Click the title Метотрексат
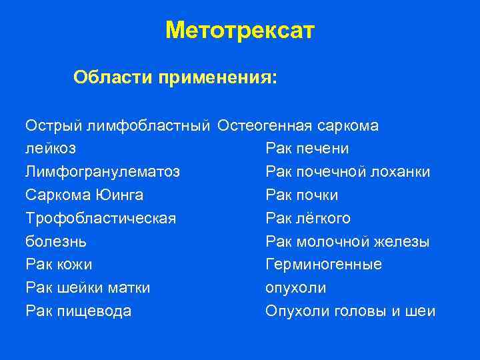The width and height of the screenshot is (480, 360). pyautogui.click(x=239, y=31)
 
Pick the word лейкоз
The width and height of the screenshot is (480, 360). pyautogui.click(x=50, y=149)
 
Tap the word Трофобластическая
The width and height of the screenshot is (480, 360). pyautogui.click(x=101, y=219)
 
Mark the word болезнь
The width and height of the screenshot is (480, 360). pyautogui.click(x=56, y=241)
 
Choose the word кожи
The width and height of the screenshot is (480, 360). pyautogui.click(x=73, y=265)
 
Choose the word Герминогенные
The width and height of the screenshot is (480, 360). pyautogui.click(x=323, y=265)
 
